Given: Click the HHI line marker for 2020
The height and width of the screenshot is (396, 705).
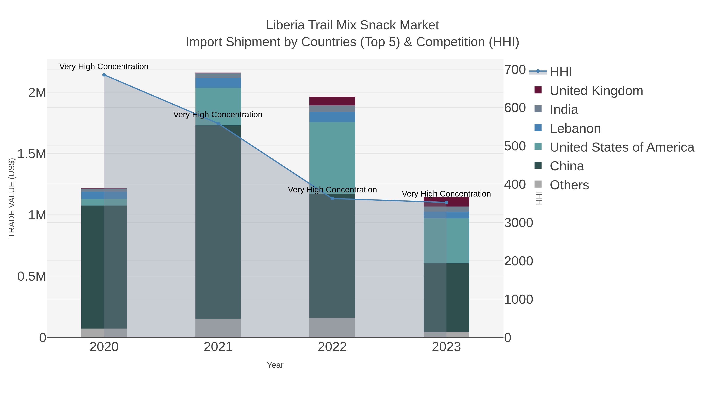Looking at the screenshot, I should click(104, 75).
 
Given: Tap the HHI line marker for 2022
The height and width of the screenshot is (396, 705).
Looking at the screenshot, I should click(332, 198).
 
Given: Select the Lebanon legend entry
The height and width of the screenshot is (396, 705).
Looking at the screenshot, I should click(575, 128).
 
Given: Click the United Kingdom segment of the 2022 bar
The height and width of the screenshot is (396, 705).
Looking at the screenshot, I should click(332, 101).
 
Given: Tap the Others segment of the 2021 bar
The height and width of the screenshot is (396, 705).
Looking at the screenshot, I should click(218, 328).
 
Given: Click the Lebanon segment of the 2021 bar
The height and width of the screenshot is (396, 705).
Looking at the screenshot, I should click(218, 83).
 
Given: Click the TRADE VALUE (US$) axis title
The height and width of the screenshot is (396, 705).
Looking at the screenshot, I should click(12, 198).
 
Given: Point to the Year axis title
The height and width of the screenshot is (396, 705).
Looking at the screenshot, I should click(275, 365).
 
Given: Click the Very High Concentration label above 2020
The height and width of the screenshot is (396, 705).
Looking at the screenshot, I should click(104, 66).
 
